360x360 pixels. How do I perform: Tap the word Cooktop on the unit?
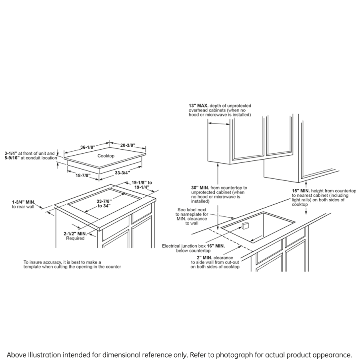pyautogui.click(x=106, y=156)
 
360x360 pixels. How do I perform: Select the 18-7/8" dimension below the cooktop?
pyautogui.click(x=83, y=175)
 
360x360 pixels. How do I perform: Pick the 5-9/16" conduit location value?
pyautogui.click(x=12, y=158)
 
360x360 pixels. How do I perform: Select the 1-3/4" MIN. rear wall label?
pyautogui.click(x=23, y=202)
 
